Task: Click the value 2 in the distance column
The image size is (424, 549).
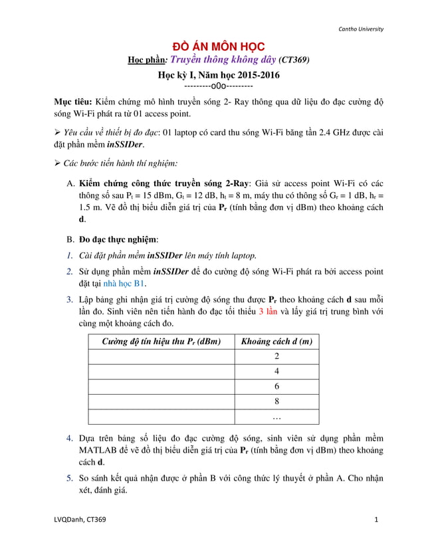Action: [x=276, y=357]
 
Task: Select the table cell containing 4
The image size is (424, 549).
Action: [x=276, y=372]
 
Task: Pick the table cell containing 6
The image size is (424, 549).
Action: [x=276, y=386]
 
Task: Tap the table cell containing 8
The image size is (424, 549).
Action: [x=276, y=401]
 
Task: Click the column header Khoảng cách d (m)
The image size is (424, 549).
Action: [x=276, y=342]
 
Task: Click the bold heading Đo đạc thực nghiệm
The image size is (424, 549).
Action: [x=118, y=239]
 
